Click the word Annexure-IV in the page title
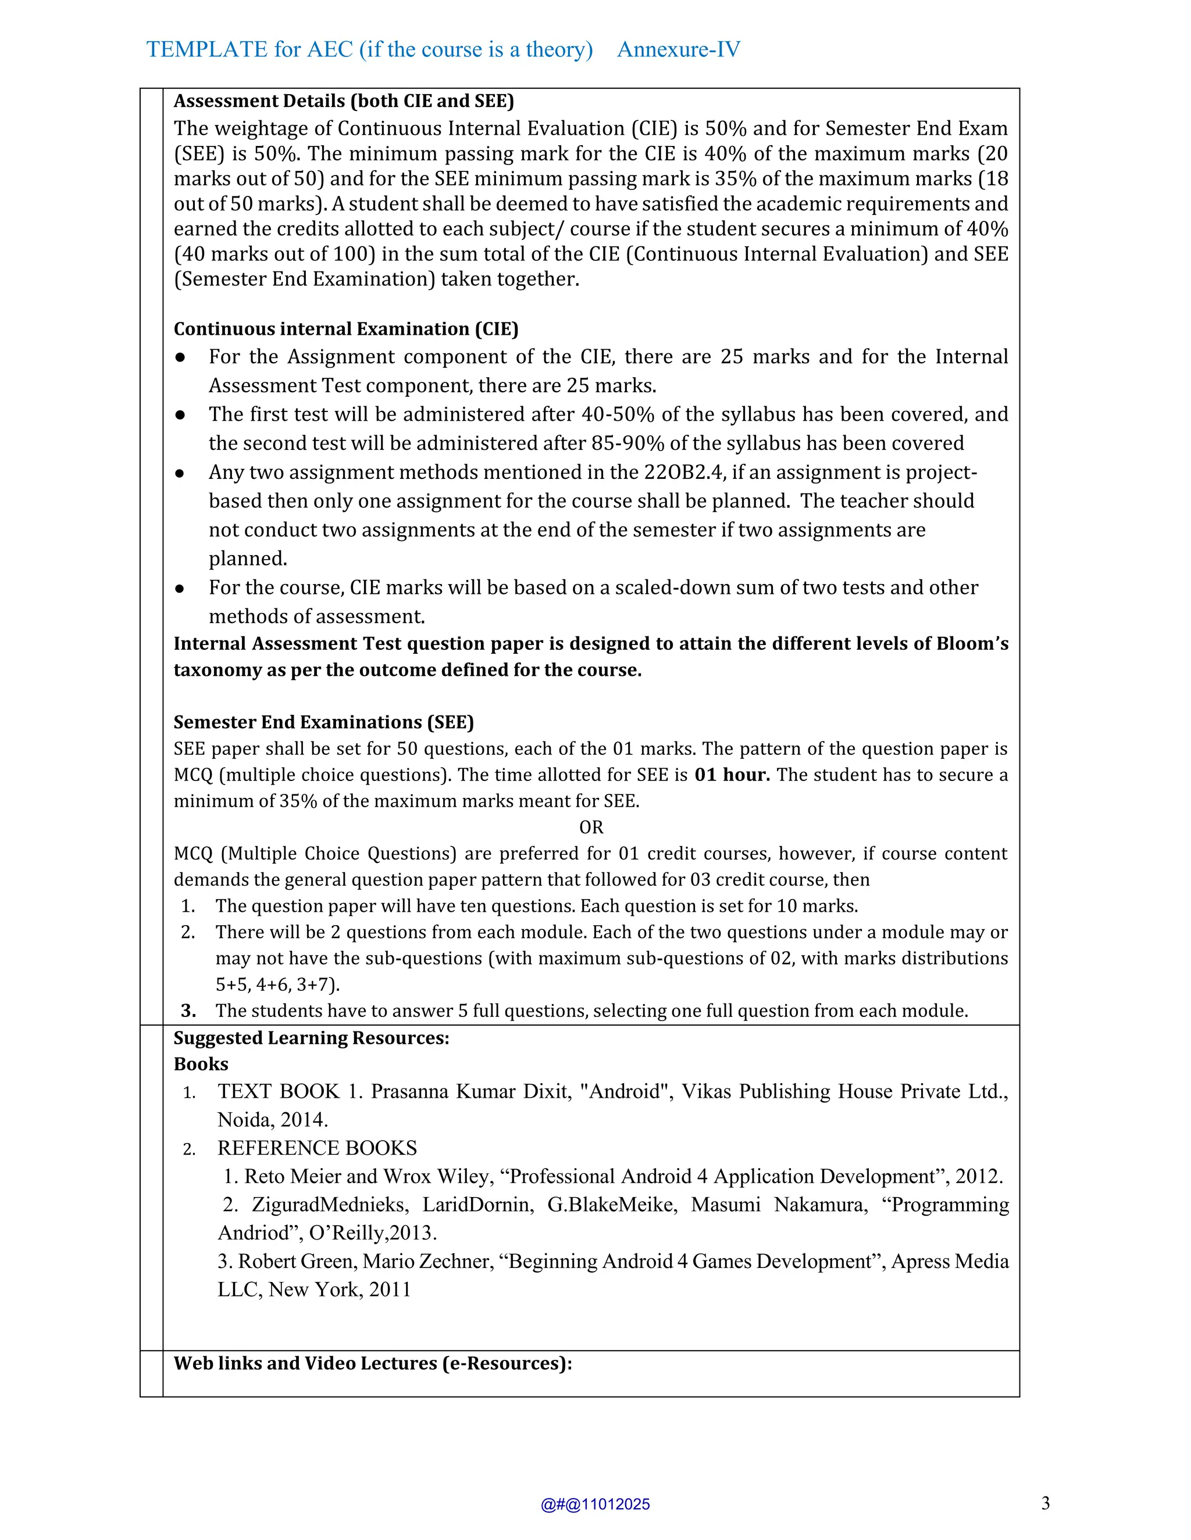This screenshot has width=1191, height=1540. coord(678,49)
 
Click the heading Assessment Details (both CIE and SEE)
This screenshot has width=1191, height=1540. coord(344,101)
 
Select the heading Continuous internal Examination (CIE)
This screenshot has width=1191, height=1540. coord(346,330)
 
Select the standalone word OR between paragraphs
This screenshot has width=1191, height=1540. coord(591,827)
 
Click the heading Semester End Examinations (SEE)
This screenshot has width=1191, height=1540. coord(323,722)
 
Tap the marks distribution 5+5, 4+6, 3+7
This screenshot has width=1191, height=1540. coord(277,984)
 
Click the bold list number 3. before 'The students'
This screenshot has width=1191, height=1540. coord(188,1011)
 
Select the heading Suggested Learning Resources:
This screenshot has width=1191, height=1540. coord(311,1038)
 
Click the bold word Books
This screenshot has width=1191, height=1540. coord(201,1064)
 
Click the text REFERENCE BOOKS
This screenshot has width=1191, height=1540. coord(317,1148)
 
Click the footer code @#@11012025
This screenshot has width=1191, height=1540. coord(595,1504)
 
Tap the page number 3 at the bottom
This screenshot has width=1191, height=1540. coord(1045,1503)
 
